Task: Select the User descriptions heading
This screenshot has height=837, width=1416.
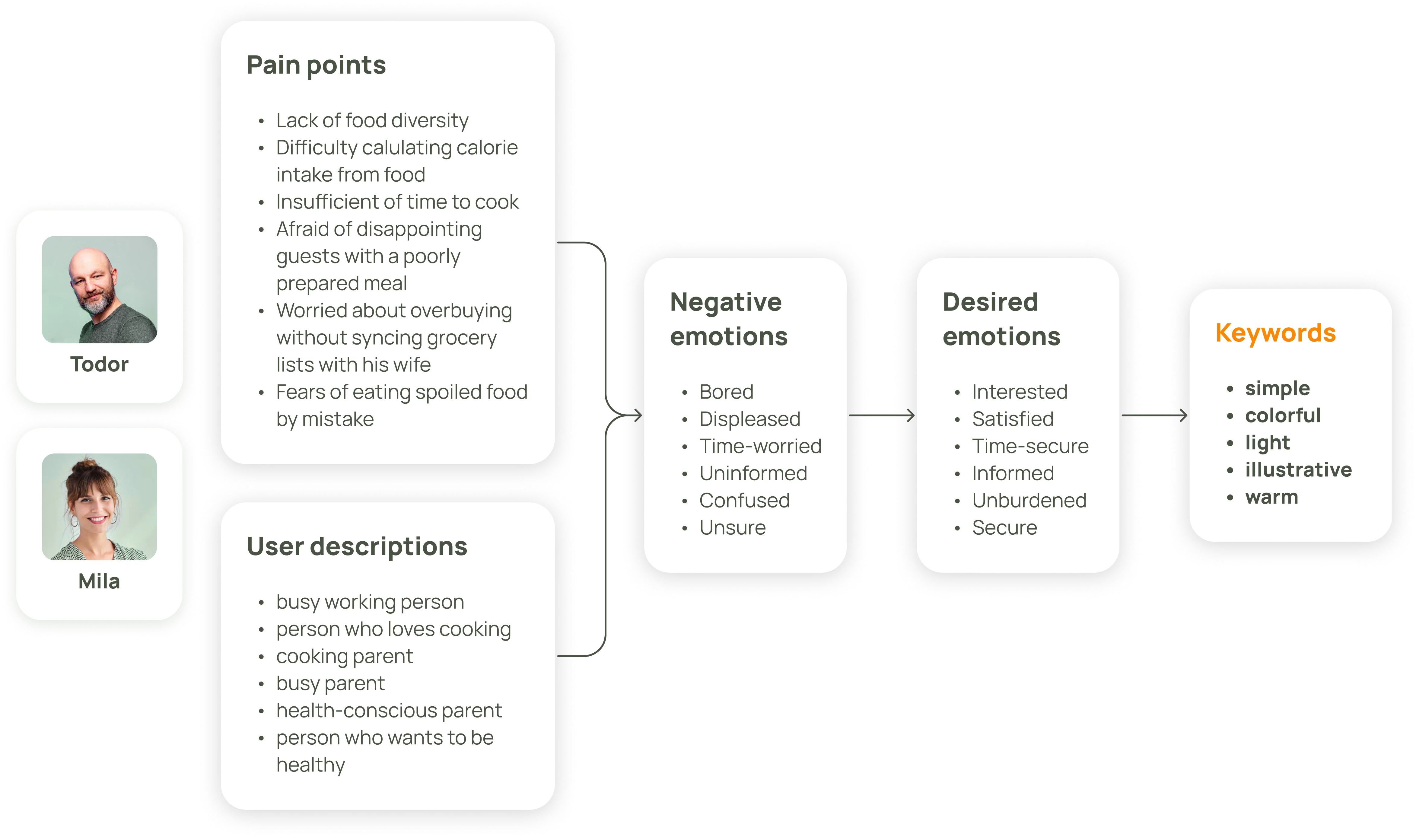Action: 357,546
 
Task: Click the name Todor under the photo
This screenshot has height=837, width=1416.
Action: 99,364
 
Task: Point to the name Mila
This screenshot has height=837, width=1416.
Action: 99,581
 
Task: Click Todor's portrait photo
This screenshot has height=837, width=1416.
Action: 99,289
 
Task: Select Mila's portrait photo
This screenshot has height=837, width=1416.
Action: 99,507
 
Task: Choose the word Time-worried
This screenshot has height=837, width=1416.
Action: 760,446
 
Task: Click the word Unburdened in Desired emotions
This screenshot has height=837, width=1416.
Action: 1029,500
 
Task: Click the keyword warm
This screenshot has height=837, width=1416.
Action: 1272,497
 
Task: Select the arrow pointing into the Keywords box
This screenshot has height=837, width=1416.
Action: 1154,416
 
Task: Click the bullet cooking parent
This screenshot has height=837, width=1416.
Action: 345,657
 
